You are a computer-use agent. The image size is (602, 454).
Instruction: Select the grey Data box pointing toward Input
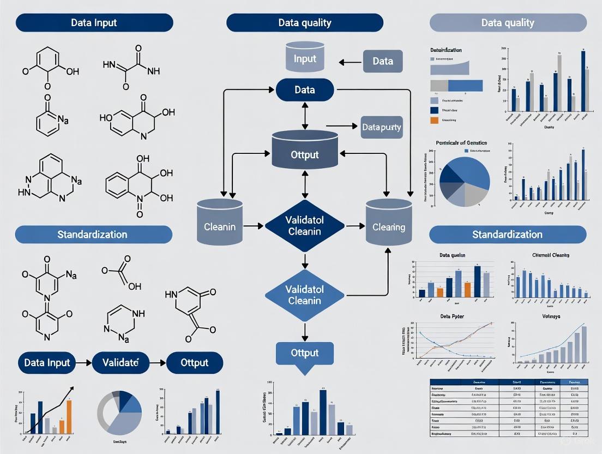point(382,61)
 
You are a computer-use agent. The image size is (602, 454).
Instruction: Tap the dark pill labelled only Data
point(304,89)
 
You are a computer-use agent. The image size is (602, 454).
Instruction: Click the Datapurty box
point(381,127)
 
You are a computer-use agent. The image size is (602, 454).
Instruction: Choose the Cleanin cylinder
point(219,224)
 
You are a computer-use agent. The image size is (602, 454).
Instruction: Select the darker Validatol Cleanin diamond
point(304,226)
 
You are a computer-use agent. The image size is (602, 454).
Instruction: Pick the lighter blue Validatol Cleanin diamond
point(304,295)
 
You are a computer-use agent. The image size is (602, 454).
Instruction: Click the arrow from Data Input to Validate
point(82,362)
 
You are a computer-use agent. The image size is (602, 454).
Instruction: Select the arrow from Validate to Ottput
point(157,362)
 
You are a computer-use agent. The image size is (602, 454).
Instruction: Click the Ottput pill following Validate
point(194,362)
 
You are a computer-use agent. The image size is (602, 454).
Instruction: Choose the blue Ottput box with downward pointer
point(304,354)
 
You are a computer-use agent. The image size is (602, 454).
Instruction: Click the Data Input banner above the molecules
point(94,23)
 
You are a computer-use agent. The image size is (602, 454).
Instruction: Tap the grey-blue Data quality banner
point(508,23)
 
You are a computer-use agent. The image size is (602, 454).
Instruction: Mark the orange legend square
point(434,120)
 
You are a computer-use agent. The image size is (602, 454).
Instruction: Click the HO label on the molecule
point(106,117)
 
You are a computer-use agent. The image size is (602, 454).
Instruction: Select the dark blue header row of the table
point(508,383)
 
